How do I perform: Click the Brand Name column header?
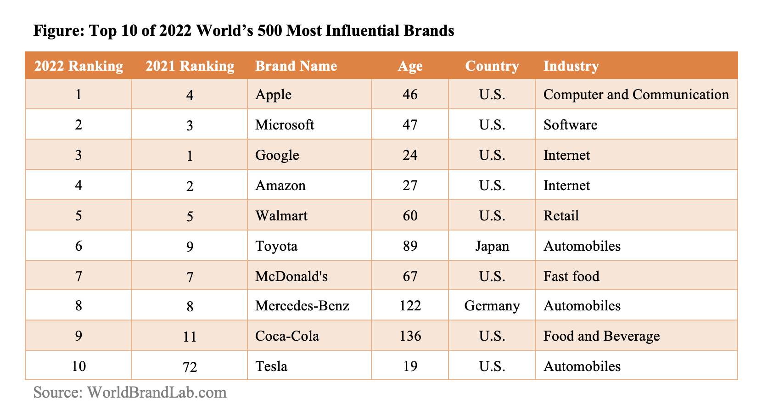tap(296, 66)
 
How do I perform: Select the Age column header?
tap(410, 66)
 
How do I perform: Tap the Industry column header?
tap(571, 66)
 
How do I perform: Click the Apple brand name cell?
tap(273, 95)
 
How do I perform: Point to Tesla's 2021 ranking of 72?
tap(190, 367)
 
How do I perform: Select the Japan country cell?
tap(492, 246)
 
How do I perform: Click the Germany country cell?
tap(492, 306)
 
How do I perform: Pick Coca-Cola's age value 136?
tap(410, 336)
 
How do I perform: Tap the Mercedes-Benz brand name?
tap(302, 306)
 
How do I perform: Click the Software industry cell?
tap(570, 125)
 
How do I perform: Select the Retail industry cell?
tap(561, 216)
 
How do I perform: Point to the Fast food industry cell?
tap(571, 276)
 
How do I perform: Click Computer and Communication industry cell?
tap(636, 95)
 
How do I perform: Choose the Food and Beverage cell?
tap(601, 336)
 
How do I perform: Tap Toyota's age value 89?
tap(410, 246)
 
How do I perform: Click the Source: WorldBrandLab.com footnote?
tap(130, 393)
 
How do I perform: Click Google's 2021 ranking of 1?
tap(190, 155)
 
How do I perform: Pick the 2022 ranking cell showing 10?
tap(78, 366)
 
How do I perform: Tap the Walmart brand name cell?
tap(281, 216)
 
